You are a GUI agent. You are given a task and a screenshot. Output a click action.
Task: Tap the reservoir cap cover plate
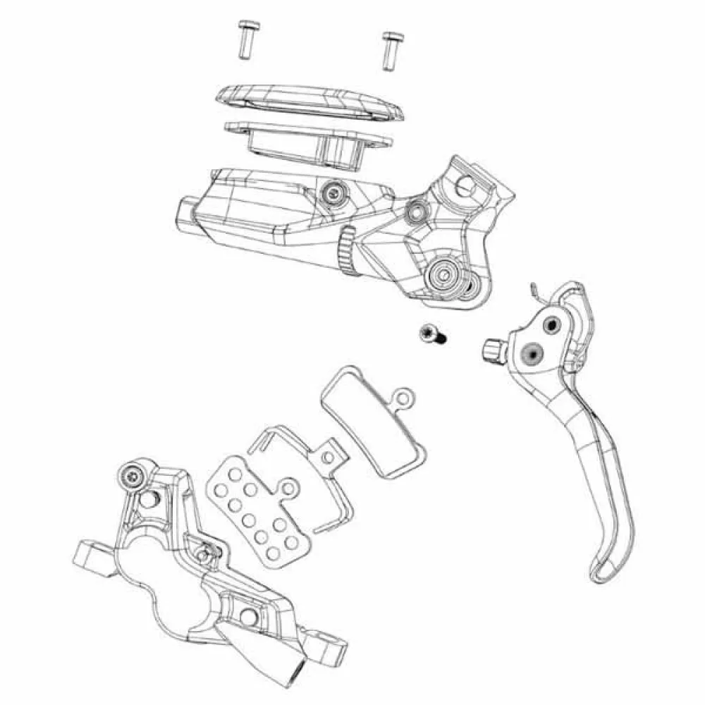[x=310, y=102]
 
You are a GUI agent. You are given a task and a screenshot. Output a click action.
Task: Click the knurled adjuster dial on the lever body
[x=345, y=250]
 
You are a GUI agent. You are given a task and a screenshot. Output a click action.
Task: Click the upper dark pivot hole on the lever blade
[x=548, y=323]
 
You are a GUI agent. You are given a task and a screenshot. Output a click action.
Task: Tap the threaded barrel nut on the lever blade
[x=493, y=348]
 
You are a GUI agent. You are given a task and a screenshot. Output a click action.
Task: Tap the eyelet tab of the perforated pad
[x=288, y=486]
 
